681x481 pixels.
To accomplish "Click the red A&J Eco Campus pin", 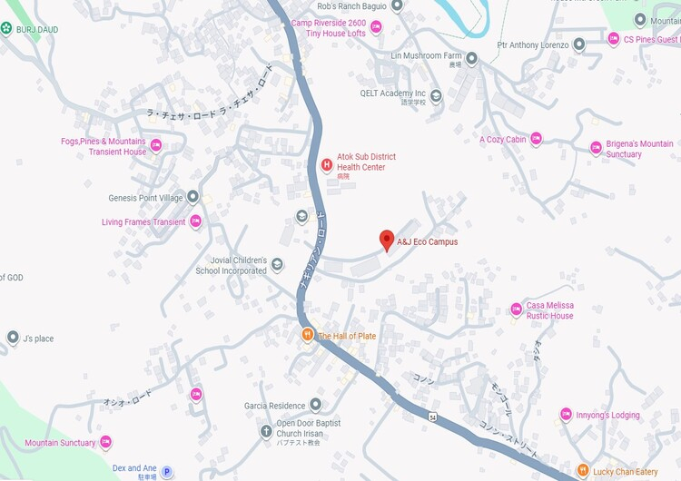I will pos(387,240).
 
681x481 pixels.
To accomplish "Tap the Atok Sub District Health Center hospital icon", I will pos(327,164).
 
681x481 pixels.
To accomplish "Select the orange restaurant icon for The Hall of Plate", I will pos(308,336).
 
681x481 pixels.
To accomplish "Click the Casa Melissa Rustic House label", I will pos(550,310).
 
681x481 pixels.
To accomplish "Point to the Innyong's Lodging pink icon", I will pos(566,415).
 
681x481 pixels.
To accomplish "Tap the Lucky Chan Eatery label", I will pos(626,472).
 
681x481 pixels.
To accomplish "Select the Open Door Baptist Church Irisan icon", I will pos(266,430).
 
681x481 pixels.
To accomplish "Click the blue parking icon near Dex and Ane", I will pos(167,472).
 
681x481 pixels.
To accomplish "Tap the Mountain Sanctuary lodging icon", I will pos(106,443).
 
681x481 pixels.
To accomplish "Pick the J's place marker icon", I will pos(13,339).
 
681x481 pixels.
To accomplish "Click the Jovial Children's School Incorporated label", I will pos(232,265).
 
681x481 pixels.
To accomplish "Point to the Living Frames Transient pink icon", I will pos(195,221).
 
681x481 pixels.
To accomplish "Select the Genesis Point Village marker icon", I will pos(193,197).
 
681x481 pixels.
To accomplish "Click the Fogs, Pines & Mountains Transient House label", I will pos(104,146).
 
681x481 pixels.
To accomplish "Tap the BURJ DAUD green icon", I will pos(7,29).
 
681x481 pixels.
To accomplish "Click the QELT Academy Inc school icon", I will pos(436,94).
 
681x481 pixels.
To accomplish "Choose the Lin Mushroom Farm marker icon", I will pos(472,58).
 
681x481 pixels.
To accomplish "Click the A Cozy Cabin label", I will pos(503,140).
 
